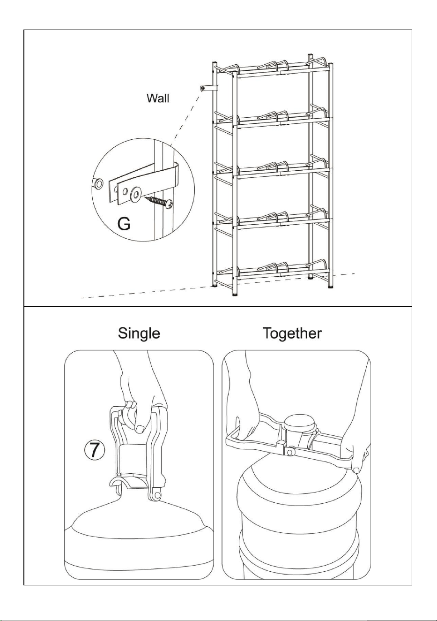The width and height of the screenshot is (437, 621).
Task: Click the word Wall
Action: tap(158, 98)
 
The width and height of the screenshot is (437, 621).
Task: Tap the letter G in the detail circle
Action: tap(124, 224)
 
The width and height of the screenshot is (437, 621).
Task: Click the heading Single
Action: tap(139, 333)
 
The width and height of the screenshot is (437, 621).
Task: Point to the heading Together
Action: tap(292, 333)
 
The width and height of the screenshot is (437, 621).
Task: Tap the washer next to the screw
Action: tap(136, 193)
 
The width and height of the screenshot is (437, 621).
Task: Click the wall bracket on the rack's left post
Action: tap(209, 88)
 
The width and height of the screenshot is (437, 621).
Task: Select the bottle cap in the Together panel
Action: tap(301, 424)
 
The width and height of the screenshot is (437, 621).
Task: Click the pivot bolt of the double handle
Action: tap(289, 452)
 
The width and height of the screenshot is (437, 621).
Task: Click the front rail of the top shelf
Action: tap(282, 73)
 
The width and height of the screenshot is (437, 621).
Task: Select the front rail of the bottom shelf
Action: tap(282, 275)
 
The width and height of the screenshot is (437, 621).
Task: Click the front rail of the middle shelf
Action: tap(282, 173)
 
